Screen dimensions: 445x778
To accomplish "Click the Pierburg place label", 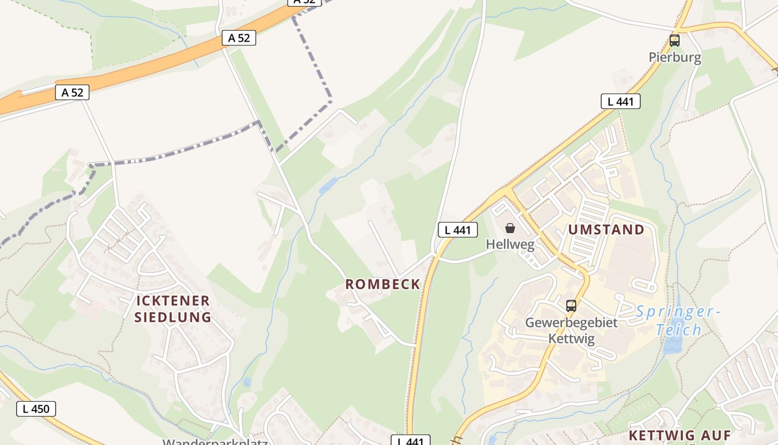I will pyautogui.click(x=675, y=57).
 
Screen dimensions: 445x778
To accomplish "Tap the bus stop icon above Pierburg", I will pyautogui.click(x=675, y=41).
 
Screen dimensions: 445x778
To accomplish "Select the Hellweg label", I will pyautogui.click(x=510, y=244).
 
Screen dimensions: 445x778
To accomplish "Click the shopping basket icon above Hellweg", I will pyautogui.click(x=510, y=228).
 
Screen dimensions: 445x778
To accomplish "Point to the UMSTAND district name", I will pyautogui.click(x=606, y=230).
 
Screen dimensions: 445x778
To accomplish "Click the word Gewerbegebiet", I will pyautogui.click(x=571, y=323).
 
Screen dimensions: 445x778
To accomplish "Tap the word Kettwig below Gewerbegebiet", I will pyautogui.click(x=571, y=339).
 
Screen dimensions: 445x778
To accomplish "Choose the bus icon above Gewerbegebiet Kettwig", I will pyautogui.click(x=571, y=305).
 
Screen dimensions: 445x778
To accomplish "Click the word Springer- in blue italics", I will pyautogui.click(x=678, y=311).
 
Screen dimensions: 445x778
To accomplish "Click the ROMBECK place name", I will pyautogui.click(x=383, y=284).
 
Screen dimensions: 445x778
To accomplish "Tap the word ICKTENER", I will pyautogui.click(x=173, y=301).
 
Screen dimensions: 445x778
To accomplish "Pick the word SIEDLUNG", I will pyautogui.click(x=173, y=318).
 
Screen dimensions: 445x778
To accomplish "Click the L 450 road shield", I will pyautogui.click(x=36, y=409).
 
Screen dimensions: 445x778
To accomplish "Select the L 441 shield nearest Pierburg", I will pyautogui.click(x=620, y=101).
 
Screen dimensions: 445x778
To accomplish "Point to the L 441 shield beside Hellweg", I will pyautogui.click(x=457, y=230).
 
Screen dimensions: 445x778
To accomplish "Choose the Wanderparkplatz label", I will pyautogui.click(x=216, y=442).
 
